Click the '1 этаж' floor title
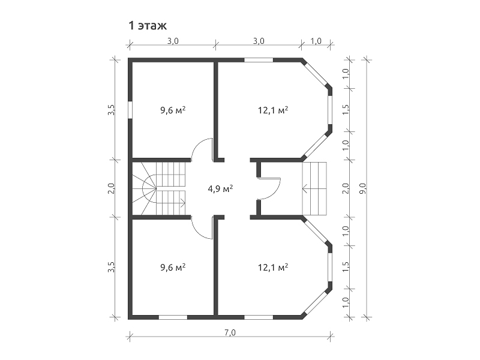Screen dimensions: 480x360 click(x=148, y=26)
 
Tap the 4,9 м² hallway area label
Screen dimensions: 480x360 click(x=220, y=188)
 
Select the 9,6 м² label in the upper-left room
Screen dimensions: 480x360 click(x=173, y=110)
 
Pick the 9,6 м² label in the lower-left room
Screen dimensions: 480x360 click(x=173, y=267)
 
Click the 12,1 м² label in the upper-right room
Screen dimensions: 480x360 click(x=273, y=110)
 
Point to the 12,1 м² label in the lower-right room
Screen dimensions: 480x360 click(x=273, y=267)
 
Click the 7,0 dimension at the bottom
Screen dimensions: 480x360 click(x=230, y=332)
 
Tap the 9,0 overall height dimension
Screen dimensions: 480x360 click(x=363, y=188)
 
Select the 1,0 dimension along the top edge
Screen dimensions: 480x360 click(x=316, y=41)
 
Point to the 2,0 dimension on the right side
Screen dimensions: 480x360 click(x=346, y=188)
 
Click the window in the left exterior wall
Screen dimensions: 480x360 click(x=130, y=110)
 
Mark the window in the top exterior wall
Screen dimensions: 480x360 click(x=259, y=60)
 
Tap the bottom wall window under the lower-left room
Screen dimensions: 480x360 click(x=173, y=317)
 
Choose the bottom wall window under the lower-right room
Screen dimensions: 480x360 click(x=259, y=317)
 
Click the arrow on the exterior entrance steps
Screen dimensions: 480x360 click(x=314, y=189)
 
